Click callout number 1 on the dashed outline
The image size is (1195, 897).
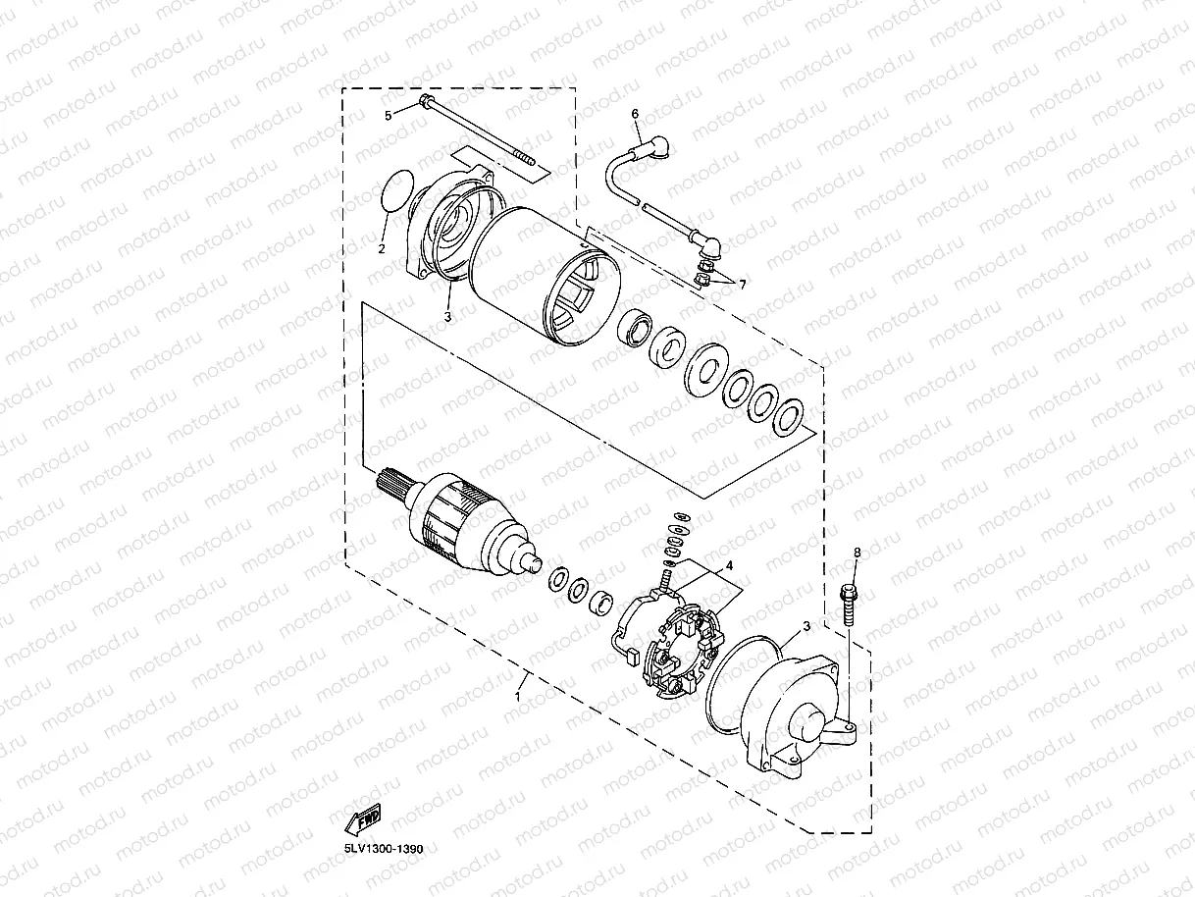(x=518, y=695)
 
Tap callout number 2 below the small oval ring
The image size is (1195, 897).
(x=382, y=248)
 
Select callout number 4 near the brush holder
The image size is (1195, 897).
(x=729, y=566)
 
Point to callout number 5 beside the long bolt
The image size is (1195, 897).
(x=388, y=116)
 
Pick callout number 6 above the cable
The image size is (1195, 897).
(x=635, y=114)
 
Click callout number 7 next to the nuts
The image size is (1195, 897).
(x=743, y=285)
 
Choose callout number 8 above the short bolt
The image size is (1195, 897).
(x=857, y=554)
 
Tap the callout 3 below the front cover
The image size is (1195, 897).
(x=447, y=317)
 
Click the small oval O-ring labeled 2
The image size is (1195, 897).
(x=395, y=191)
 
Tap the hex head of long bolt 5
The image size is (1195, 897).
(x=425, y=101)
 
